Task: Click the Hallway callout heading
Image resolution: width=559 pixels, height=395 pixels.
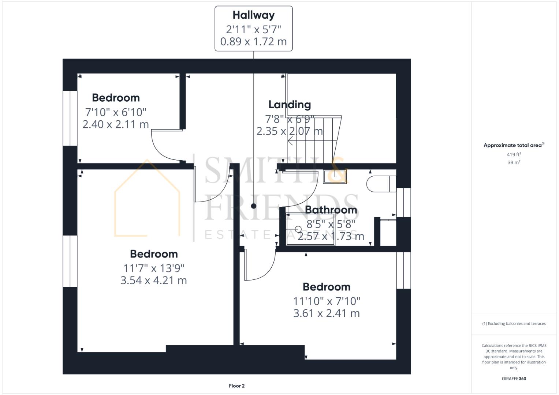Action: pyautogui.click(x=254, y=15)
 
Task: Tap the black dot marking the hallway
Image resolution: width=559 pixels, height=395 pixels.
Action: pyautogui.click(x=254, y=206)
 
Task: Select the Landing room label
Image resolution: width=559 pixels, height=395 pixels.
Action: pyautogui.click(x=290, y=105)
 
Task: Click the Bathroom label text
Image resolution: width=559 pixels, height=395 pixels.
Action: pyautogui.click(x=331, y=210)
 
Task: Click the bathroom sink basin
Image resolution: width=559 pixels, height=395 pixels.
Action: pyautogui.click(x=335, y=177)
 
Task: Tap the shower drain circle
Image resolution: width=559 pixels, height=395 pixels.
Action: pyautogui.click(x=298, y=229)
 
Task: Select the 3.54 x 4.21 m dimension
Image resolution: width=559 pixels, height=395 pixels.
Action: pyautogui.click(x=154, y=281)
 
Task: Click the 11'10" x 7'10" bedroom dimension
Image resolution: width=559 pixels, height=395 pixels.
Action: pyautogui.click(x=327, y=301)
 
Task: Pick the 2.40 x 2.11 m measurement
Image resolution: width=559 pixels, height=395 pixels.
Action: pyautogui.click(x=116, y=124)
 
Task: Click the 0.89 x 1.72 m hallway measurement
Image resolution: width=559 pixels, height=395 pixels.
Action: pyautogui.click(x=254, y=42)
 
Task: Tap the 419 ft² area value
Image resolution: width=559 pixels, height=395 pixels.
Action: pyautogui.click(x=514, y=155)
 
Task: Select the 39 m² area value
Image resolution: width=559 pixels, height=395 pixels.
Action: pyautogui.click(x=514, y=163)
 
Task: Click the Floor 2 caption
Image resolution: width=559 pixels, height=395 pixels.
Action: pyautogui.click(x=236, y=386)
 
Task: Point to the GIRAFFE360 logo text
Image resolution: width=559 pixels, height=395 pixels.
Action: pyautogui.click(x=514, y=379)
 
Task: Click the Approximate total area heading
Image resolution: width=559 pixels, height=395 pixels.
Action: pyautogui.click(x=514, y=145)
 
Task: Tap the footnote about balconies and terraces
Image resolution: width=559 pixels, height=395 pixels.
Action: pyautogui.click(x=514, y=324)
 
